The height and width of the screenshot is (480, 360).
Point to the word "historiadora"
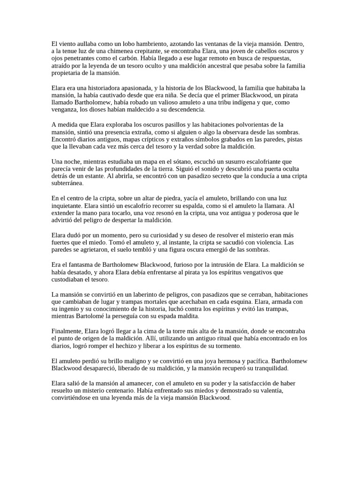(101, 88)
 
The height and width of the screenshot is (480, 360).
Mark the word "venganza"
(65, 110)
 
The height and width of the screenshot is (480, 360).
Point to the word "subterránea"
(69, 183)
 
